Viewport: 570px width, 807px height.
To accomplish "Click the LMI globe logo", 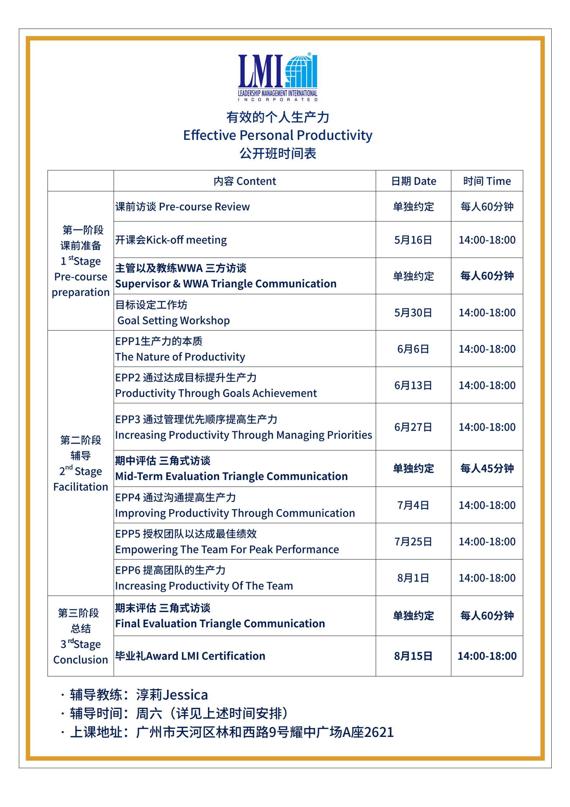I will click(278, 77).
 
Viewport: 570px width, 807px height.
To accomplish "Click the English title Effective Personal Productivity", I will click(277, 135).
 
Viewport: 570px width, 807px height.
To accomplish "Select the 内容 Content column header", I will click(245, 181).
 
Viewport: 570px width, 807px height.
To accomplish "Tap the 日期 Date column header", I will click(413, 181).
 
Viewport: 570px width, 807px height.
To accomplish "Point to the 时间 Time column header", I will click(487, 181).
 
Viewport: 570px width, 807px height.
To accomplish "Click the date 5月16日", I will click(413, 240).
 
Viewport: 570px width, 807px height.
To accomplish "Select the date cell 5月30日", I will click(413, 312).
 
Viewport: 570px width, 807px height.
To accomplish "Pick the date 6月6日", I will click(413, 349).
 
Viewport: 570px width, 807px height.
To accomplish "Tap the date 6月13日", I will click(413, 385).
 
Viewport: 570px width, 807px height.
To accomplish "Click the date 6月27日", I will click(413, 427).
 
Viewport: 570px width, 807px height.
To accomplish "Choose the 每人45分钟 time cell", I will click(487, 468).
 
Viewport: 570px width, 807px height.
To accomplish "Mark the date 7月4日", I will click(413, 505).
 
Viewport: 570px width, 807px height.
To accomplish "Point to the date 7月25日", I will click(413, 541).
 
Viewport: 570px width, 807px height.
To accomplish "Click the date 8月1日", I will click(413, 578).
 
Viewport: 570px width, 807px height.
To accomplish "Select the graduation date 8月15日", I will click(413, 656).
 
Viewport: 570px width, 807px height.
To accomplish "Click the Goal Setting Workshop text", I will click(174, 320).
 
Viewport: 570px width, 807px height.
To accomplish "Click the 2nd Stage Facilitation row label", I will click(81, 463).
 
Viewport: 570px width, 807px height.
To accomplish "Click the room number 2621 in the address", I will click(379, 732).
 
